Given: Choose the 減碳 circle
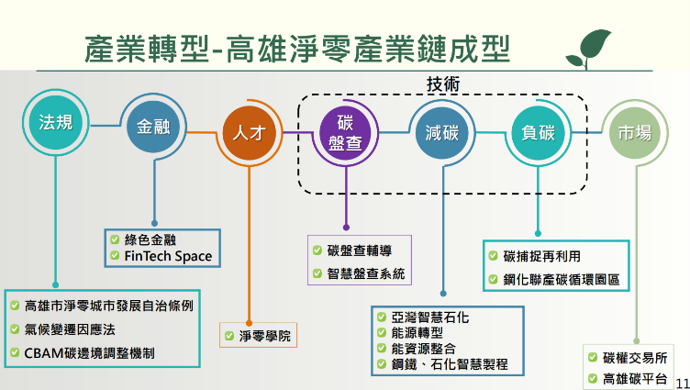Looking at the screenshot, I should tap(440, 133).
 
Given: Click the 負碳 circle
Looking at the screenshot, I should tap(535, 133).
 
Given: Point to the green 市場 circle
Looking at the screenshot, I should tap(632, 133).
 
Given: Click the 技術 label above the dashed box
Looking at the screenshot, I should tap(442, 84).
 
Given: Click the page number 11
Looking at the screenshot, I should tap(681, 380).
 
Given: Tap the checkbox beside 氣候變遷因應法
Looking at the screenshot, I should tap(16, 329).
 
